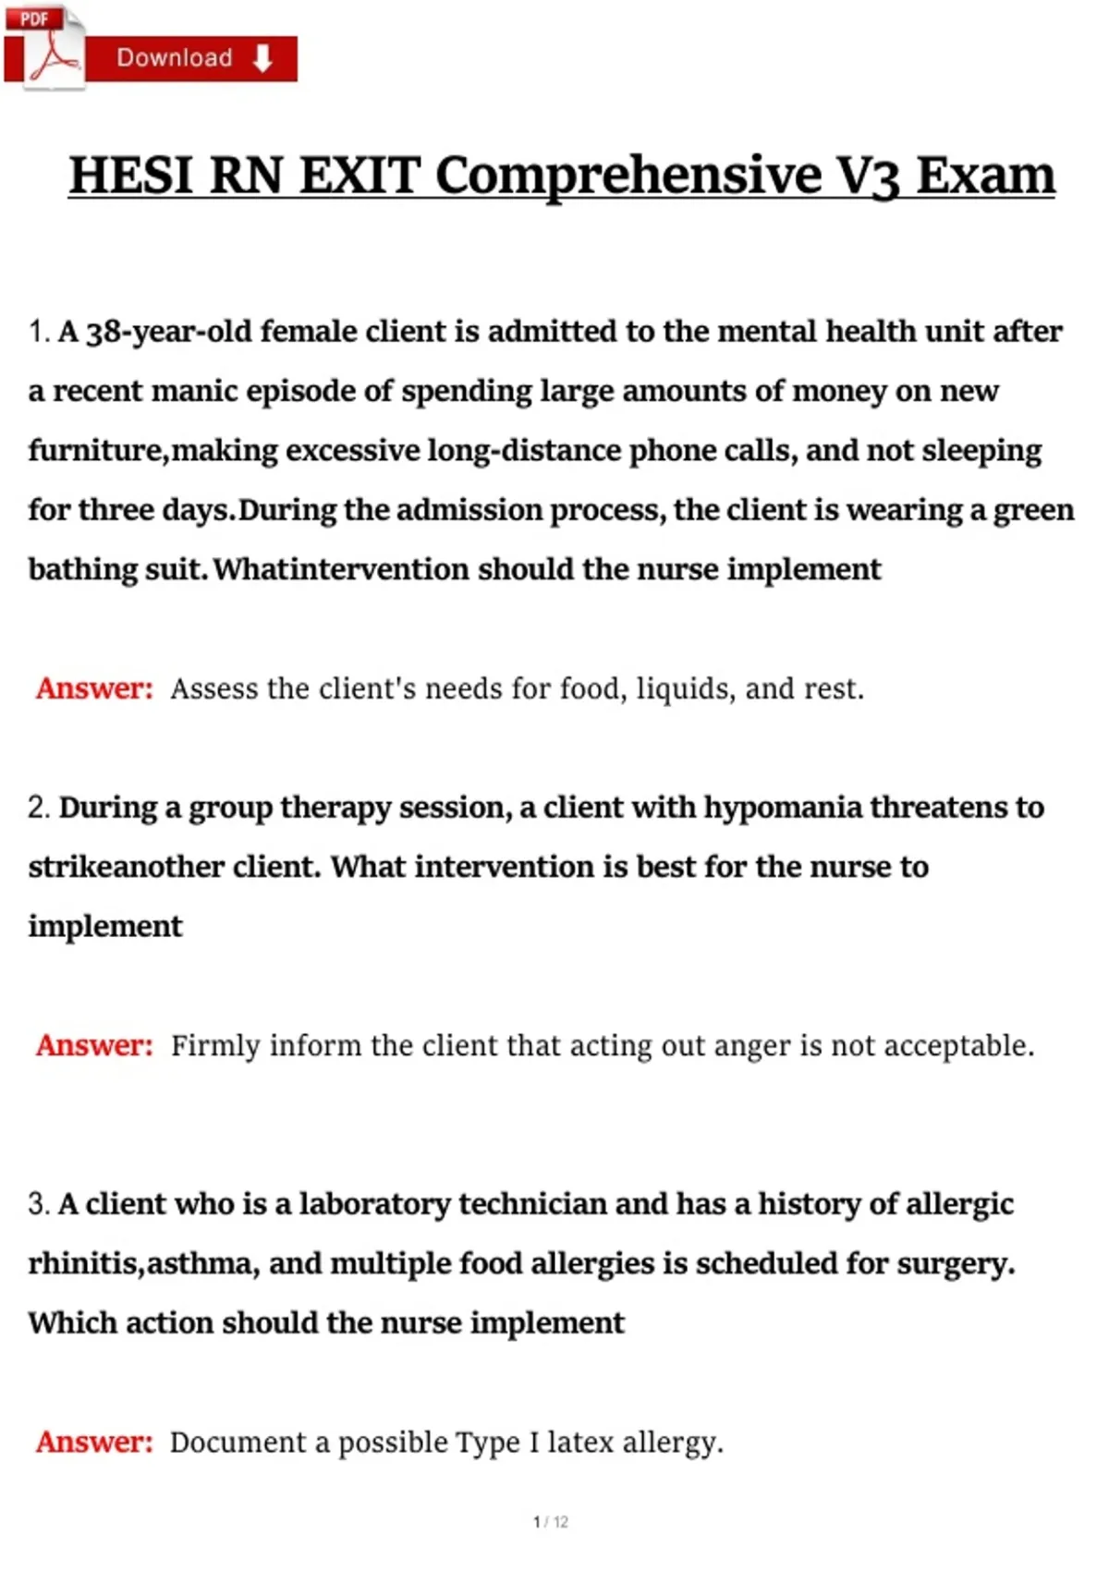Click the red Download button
[192, 58]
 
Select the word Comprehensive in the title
[628, 176]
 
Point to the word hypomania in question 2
[782, 808]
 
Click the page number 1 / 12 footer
[551, 1522]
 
